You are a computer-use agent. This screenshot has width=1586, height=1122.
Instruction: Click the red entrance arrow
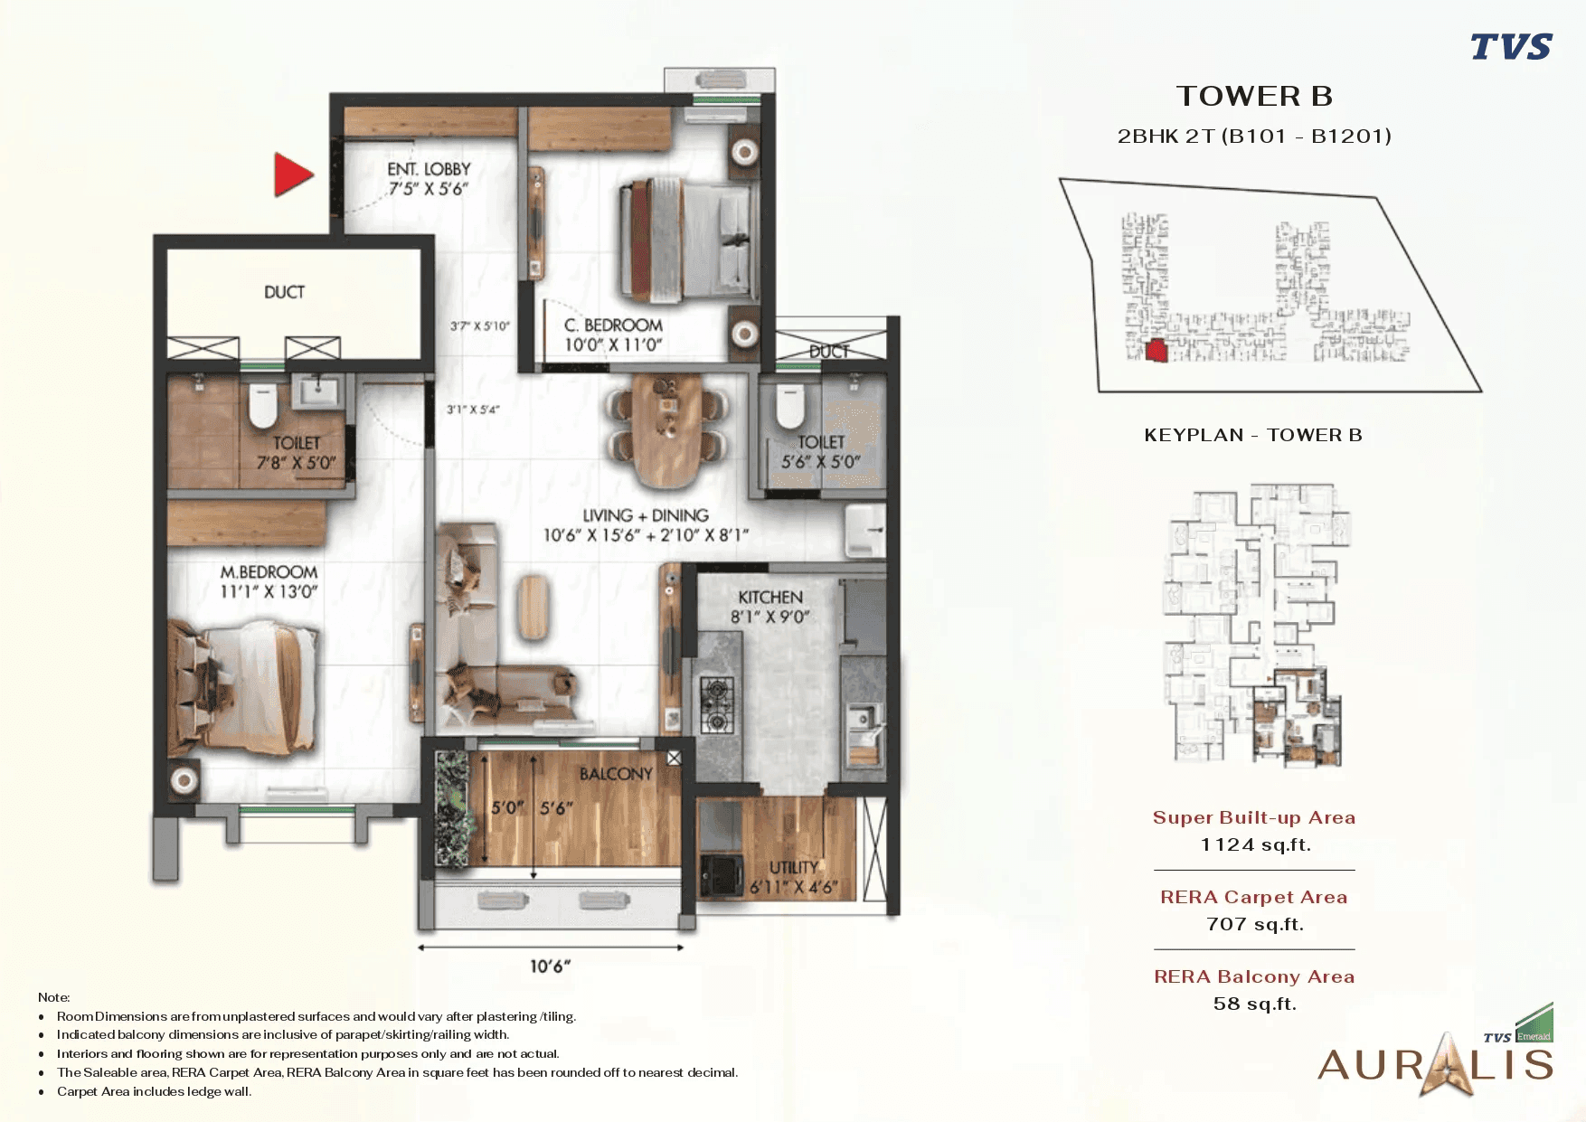coord(291,174)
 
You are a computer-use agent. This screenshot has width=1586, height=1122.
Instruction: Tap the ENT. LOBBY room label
coord(429,169)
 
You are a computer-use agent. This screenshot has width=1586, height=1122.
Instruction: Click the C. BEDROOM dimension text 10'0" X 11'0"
coord(613,344)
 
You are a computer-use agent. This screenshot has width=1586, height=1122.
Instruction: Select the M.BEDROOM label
coord(269,572)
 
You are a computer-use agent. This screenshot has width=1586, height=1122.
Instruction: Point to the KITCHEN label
coord(770,598)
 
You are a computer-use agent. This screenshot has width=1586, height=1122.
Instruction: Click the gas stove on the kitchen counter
coord(717,703)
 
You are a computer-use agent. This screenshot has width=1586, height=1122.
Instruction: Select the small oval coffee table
coord(533,607)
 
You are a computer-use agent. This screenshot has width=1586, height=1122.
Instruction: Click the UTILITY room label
coord(793,867)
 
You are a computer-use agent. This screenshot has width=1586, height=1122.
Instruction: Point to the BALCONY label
coord(616,774)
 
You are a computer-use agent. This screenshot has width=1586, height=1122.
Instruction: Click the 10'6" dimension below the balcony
coord(550,966)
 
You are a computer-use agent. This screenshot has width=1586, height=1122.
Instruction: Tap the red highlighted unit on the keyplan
coord(1156,351)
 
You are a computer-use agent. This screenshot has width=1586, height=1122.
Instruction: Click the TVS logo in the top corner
coord(1510,46)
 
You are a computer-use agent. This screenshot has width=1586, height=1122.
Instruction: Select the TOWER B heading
coord(1253,96)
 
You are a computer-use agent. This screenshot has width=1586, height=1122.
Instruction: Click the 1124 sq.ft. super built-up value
coord(1254,844)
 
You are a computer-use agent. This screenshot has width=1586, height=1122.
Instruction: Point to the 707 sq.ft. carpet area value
coord(1254,924)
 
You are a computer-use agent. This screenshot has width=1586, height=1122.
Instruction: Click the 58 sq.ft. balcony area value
coord(1254,1004)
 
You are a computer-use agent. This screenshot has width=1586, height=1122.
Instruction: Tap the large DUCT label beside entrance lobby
coord(284,292)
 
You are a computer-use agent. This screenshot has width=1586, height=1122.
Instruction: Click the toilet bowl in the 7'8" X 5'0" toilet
coord(262,404)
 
